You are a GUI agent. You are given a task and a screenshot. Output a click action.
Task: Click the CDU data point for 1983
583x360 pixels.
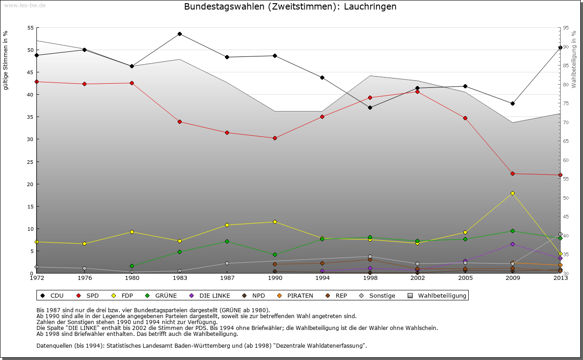(x=179, y=34)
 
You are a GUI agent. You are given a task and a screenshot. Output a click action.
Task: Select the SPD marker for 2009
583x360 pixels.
(x=512, y=173)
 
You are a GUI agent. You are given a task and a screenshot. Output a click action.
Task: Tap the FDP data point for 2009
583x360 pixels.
(x=512, y=193)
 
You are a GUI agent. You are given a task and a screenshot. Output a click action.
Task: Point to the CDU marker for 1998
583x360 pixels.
(x=370, y=107)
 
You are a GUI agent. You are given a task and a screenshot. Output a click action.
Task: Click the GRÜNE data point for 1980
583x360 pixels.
(x=132, y=266)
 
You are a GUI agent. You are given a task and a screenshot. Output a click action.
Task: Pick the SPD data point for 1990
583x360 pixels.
(x=275, y=138)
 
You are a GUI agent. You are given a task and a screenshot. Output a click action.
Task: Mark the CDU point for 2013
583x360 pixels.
(x=560, y=47)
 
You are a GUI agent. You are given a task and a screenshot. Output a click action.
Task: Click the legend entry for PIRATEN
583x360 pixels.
(x=296, y=296)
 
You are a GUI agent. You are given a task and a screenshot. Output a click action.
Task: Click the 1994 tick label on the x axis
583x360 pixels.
(x=322, y=278)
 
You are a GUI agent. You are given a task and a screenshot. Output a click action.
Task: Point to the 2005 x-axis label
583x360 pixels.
(x=465, y=278)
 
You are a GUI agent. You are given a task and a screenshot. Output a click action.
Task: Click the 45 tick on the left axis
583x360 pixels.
(x=31, y=72)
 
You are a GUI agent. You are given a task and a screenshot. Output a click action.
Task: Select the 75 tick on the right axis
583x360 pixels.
(x=566, y=104)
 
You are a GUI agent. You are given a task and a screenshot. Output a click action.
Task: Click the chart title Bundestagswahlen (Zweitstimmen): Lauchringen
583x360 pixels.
(x=290, y=7)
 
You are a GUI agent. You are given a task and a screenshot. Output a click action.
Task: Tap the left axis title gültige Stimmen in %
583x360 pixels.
(x=5, y=60)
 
